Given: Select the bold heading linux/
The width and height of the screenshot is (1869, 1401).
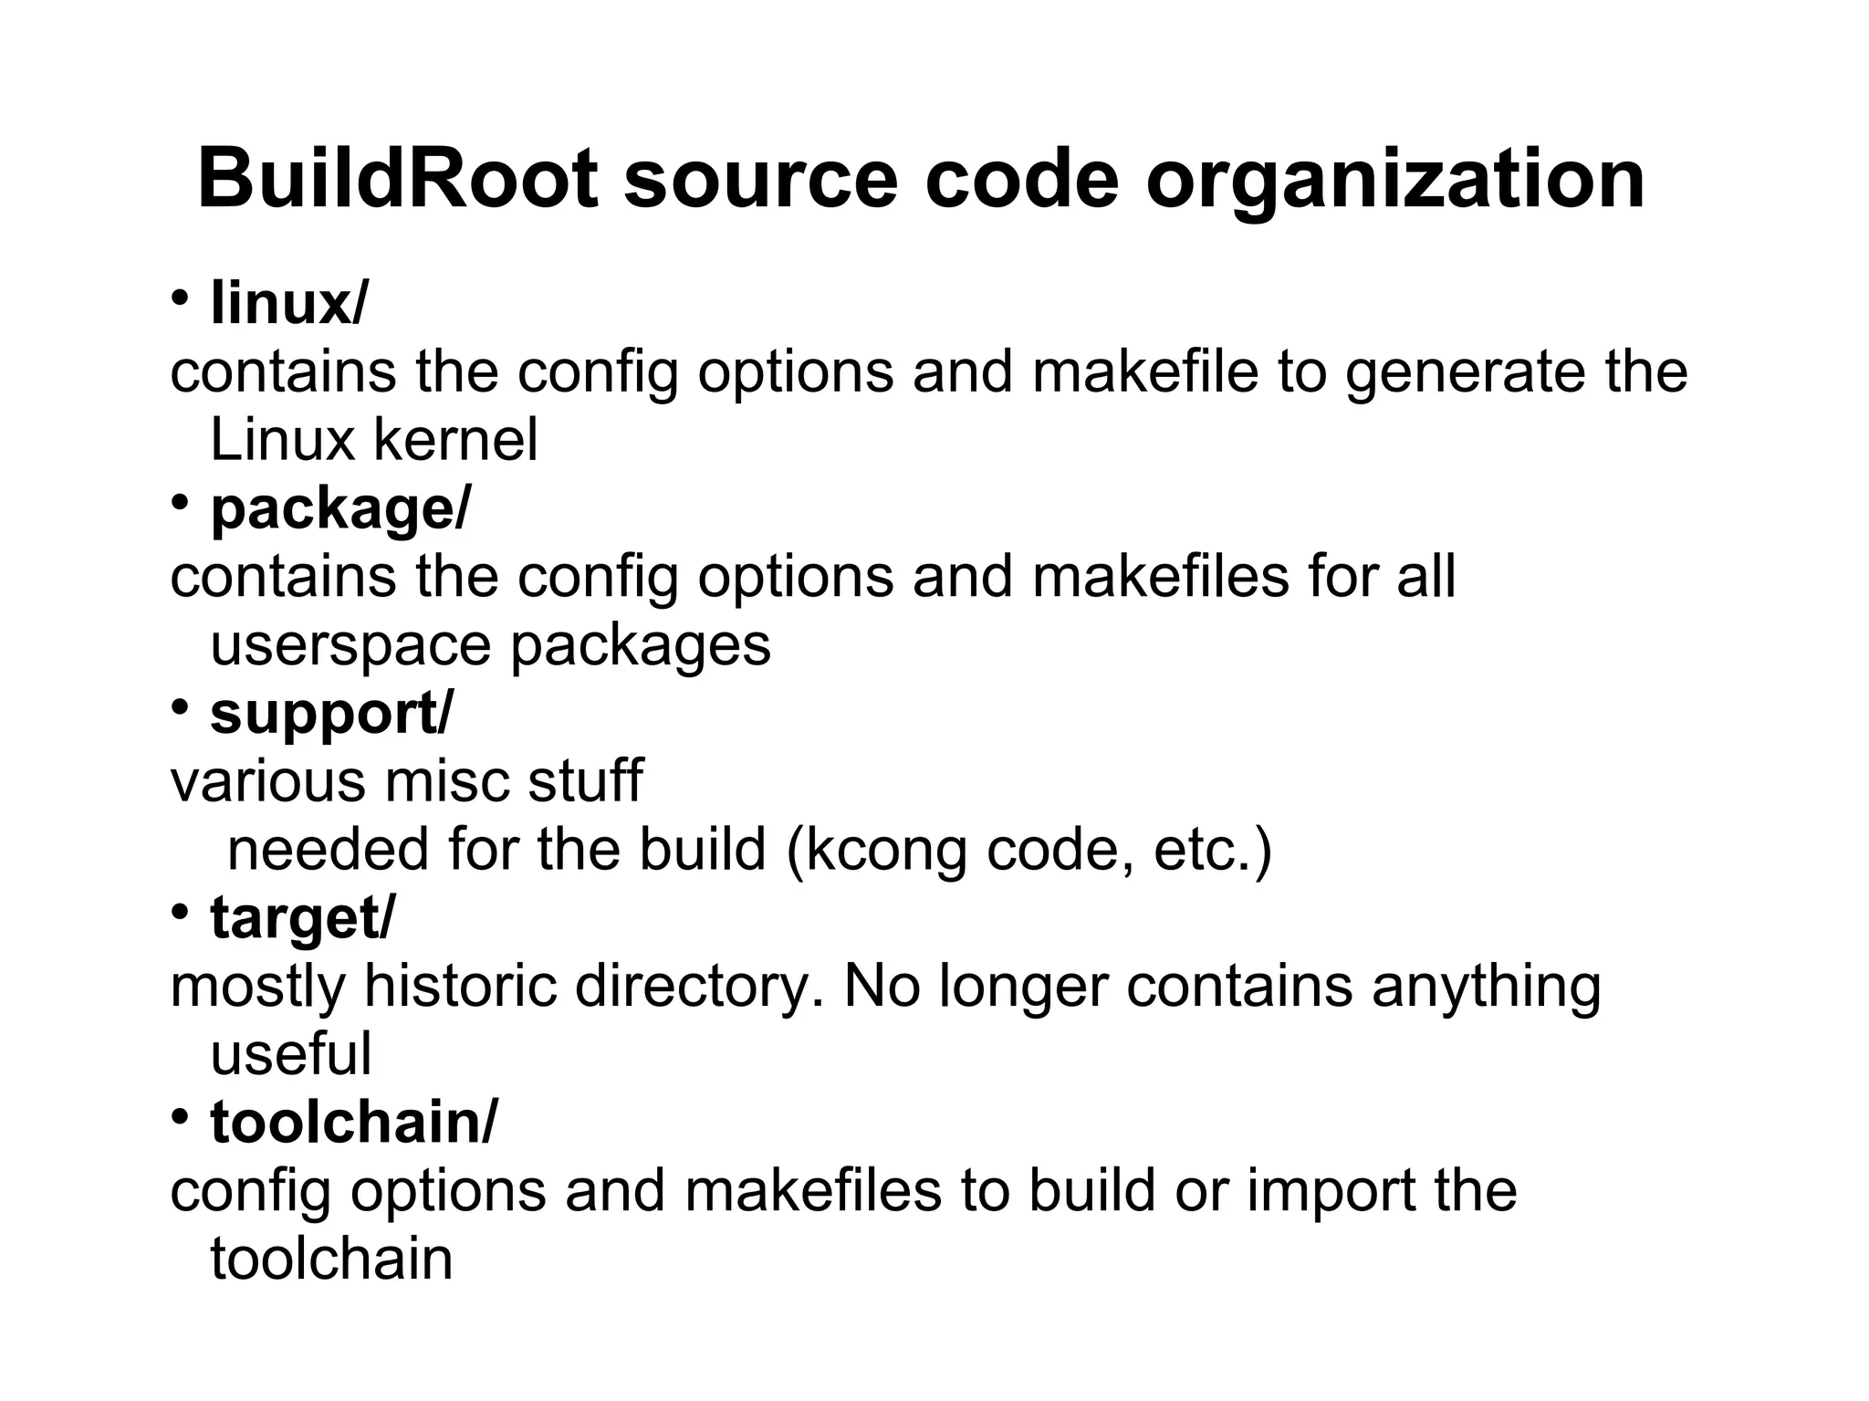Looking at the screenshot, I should tap(288, 303).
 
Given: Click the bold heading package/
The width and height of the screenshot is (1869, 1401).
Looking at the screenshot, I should tap(340, 508).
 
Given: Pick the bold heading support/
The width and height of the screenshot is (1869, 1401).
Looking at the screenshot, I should tap(330, 713).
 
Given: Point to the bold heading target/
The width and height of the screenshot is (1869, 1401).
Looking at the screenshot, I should tap(302, 917).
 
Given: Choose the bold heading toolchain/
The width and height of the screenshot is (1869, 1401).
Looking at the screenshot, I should tap(354, 1122).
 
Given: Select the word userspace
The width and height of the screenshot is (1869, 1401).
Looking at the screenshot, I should tap(350, 645).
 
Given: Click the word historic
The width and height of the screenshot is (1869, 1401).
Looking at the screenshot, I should tap(459, 986).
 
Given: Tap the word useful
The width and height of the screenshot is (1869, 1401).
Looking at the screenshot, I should tap(290, 1054).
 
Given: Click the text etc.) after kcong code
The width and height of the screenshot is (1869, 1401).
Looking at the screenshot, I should tap(1212, 851).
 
